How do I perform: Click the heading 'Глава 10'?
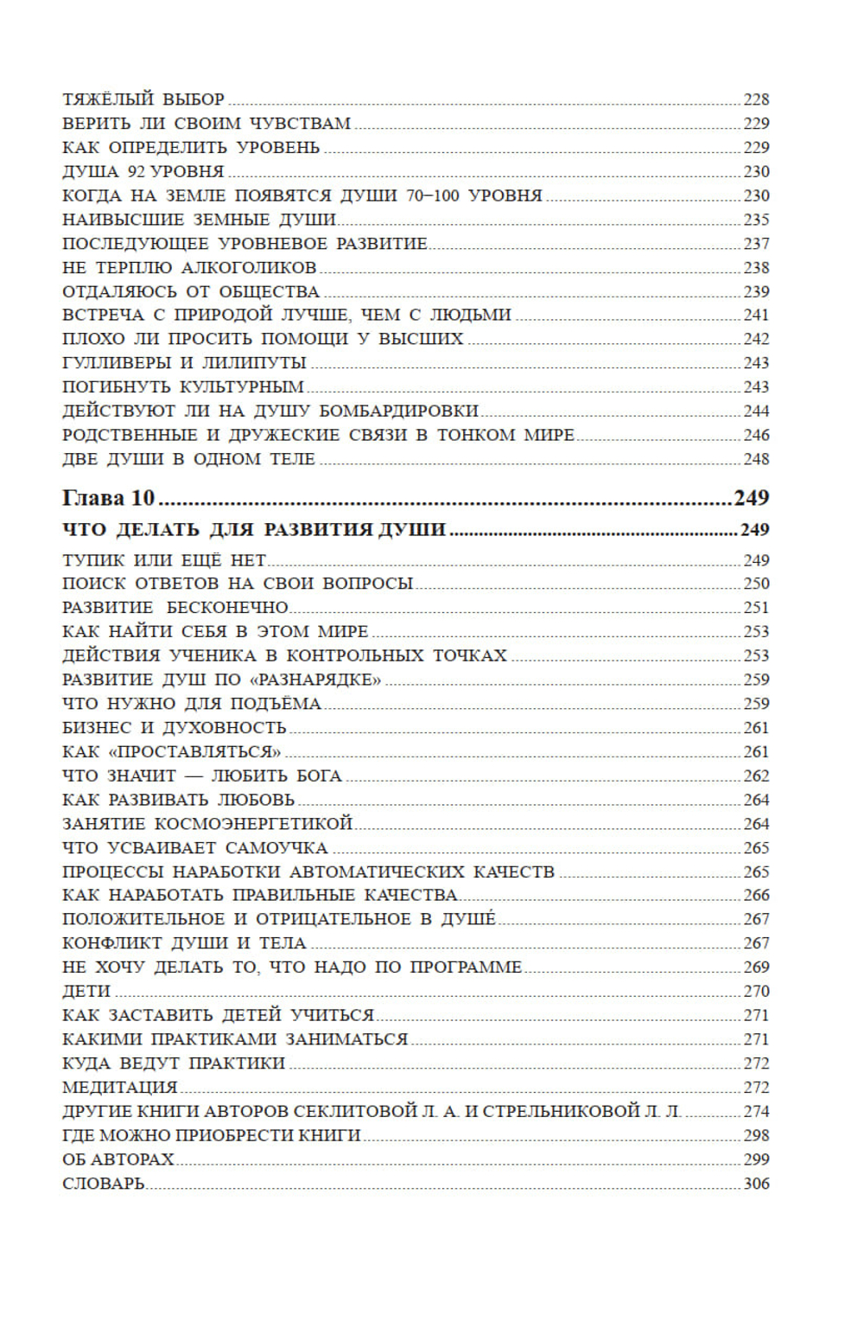[x=108, y=498]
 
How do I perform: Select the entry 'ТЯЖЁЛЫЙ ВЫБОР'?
[x=143, y=99]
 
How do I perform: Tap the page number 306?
[x=756, y=1184]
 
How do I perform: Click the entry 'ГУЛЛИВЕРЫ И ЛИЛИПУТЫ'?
[x=184, y=363]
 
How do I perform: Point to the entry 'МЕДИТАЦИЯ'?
[x=120, y=1088]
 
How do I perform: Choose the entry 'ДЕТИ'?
[x=86, y=992]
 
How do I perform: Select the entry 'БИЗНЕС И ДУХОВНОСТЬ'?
[x=175, y=728]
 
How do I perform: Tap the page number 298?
[x=756, y=1136]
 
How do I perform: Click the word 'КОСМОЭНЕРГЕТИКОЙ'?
[x=254, y=824]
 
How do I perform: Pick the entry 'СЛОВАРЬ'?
[x=104, y=1184]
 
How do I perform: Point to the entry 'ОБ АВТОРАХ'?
[x=118, y=1159]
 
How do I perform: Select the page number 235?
[x=756, y=220]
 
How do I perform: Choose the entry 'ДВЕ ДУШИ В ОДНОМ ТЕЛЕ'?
[x=188, y=459]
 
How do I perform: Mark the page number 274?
[x=756, y=1112]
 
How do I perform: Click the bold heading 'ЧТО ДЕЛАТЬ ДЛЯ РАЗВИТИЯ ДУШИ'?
[x=254, y=529]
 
